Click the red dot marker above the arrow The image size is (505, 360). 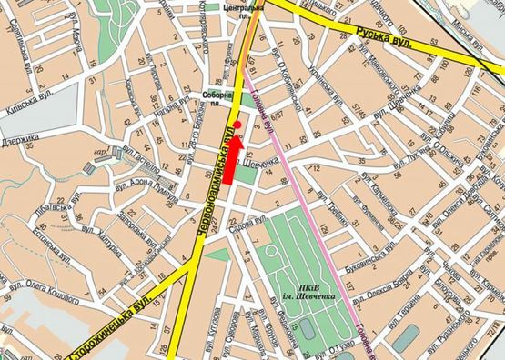pyautogui.click(x=237, y=124)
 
